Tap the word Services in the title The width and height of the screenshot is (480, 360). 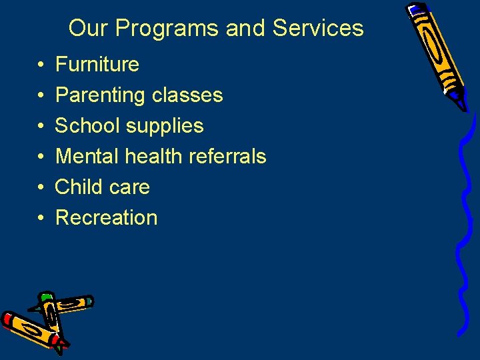tap(318, 29)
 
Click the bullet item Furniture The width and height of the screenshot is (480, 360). tap(97, 65)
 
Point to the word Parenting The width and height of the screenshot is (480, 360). tap(101, 95)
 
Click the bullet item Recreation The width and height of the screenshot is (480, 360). tap(107, 218)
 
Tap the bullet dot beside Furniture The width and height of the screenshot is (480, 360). tap(41, 65)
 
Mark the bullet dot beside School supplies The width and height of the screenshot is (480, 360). tap(41, 127)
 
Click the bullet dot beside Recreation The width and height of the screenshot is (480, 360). tap(41, 219)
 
